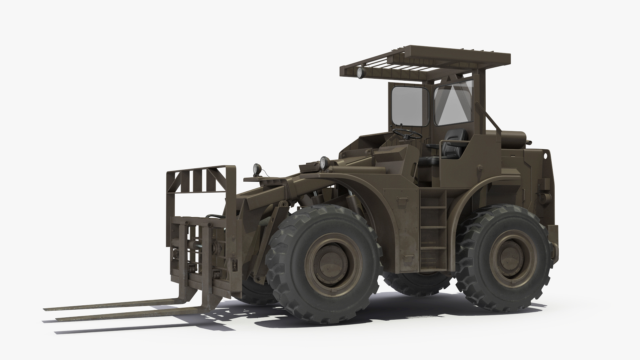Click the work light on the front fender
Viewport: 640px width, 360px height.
[x=323, y=162]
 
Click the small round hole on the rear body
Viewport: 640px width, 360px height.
[x=546, y=155]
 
